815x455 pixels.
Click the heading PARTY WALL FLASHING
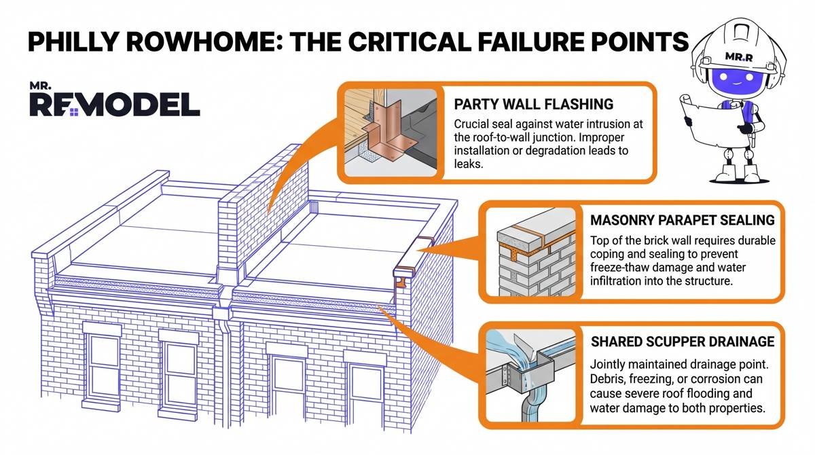click(533, 105)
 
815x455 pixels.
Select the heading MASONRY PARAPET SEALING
click(681, 220)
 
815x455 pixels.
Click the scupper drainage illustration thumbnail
click(532, 376)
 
